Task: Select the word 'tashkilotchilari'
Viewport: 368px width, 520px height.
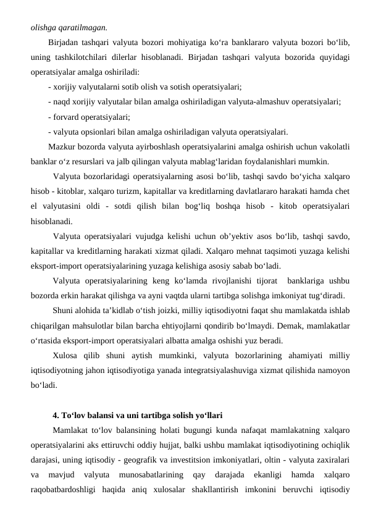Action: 80,57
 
